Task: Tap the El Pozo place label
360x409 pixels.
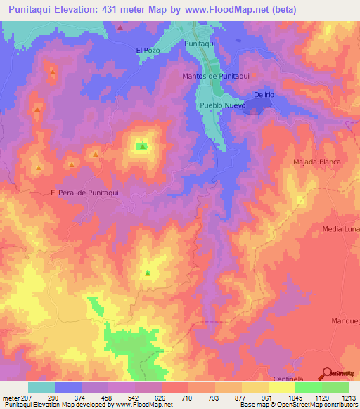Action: pyautogui.click(x=148, y=50)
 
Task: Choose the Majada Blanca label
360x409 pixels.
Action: pyautogui.click(x=316, y=162)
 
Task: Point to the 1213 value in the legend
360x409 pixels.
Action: pyautogui.click(x=349, y=397)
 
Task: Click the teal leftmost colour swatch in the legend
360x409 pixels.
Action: pyautogui.click(x=41, y=387)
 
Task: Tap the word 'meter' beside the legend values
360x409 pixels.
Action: pyautogui.click(x=11, y=397)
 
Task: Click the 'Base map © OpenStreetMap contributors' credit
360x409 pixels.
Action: pyautogui.click(x=297, y=405)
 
